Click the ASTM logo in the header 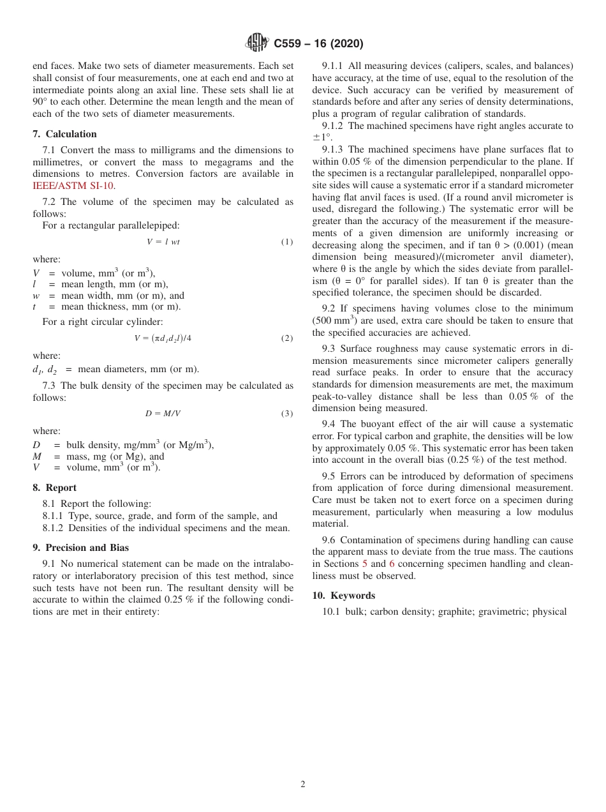(257, 43)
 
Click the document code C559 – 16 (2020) (318, 44)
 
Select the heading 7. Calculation (64, 134)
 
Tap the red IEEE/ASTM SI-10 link (73, 186)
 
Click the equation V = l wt (163, 242)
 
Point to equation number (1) (287, 242)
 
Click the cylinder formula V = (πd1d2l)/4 (163, 338)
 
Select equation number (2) (287, 338)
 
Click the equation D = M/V (163, 414)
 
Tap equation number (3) (287, 414)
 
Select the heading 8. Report (54, 488)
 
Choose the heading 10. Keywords (343, 596)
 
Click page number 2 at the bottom (303, 785)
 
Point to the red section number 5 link (365, 564)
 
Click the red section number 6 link (392, 564)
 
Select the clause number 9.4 (330, 424)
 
